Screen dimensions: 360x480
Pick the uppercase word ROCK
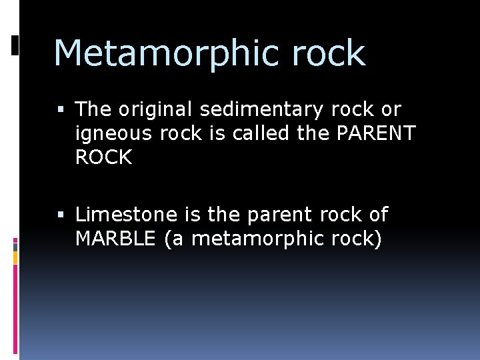pyautogui.click(x=103, y=157)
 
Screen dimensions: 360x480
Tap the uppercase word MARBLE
pyautogui.click(x=115, y=239)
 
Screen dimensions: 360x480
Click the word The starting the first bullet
pyautogui.click(x=93, y=109)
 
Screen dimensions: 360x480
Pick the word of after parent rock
pyautogui.click(x=376, y=215)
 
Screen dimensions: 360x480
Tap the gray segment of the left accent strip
pyautogui.click(x=15, y=246)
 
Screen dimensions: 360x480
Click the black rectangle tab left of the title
pyautogui.click(x=15, y=45)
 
